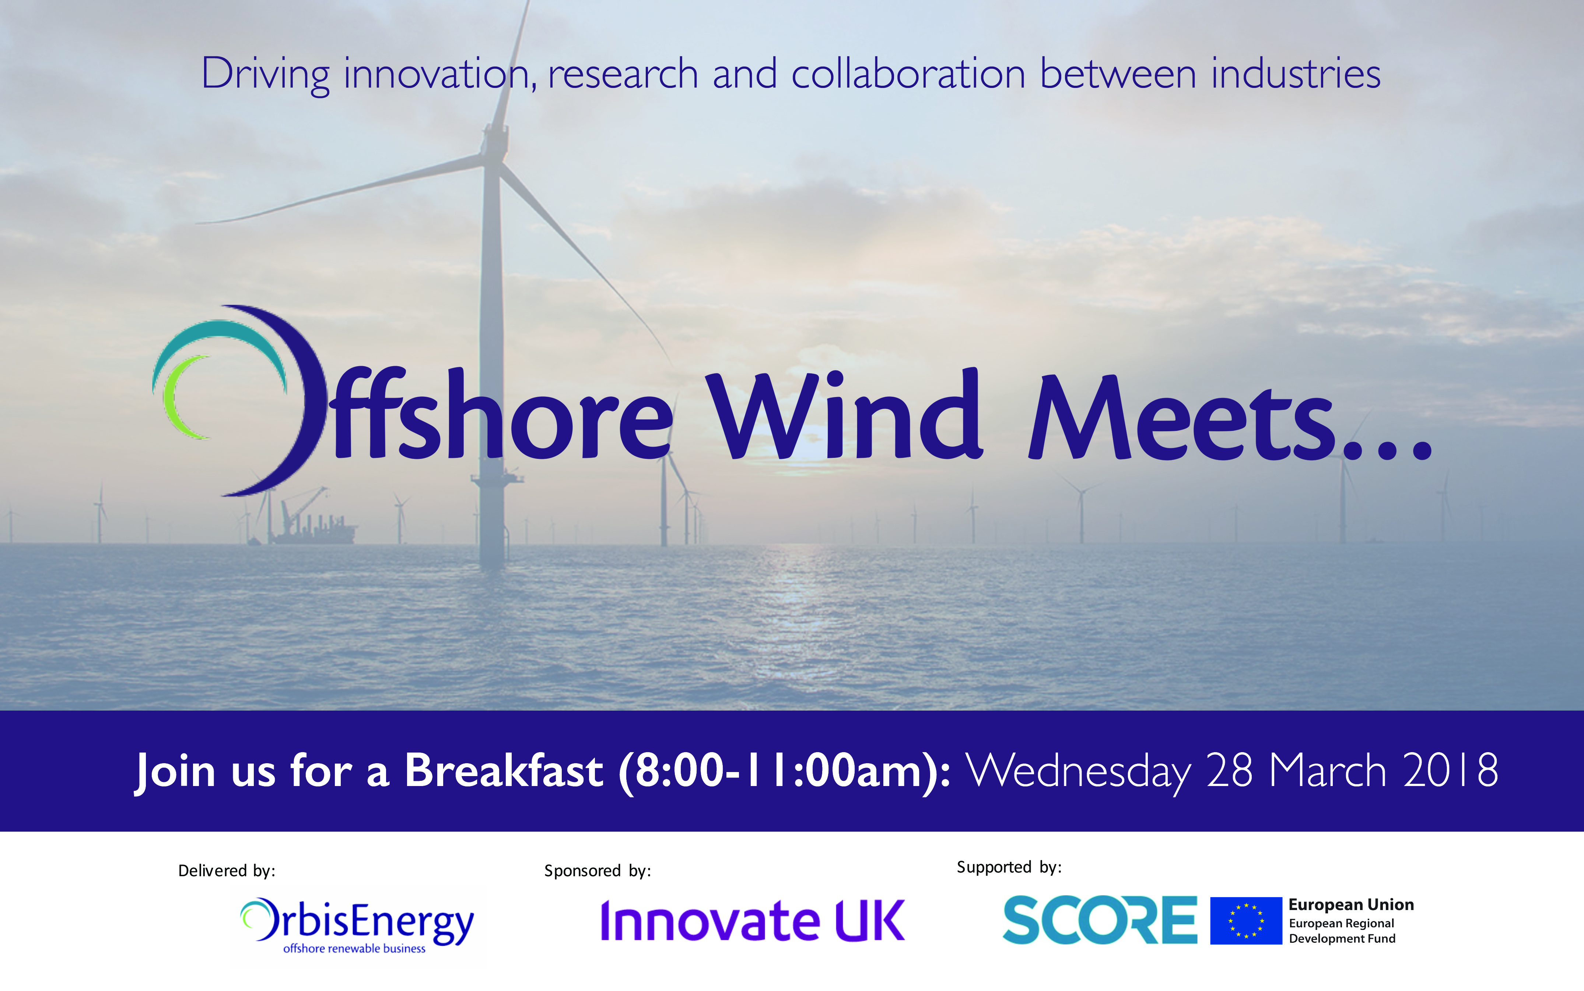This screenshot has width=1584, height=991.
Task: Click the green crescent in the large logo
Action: [x=181, y=397]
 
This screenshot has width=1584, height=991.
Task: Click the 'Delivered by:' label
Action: [x=226, y=870]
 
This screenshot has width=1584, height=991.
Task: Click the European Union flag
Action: [x=1245, y=920]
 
